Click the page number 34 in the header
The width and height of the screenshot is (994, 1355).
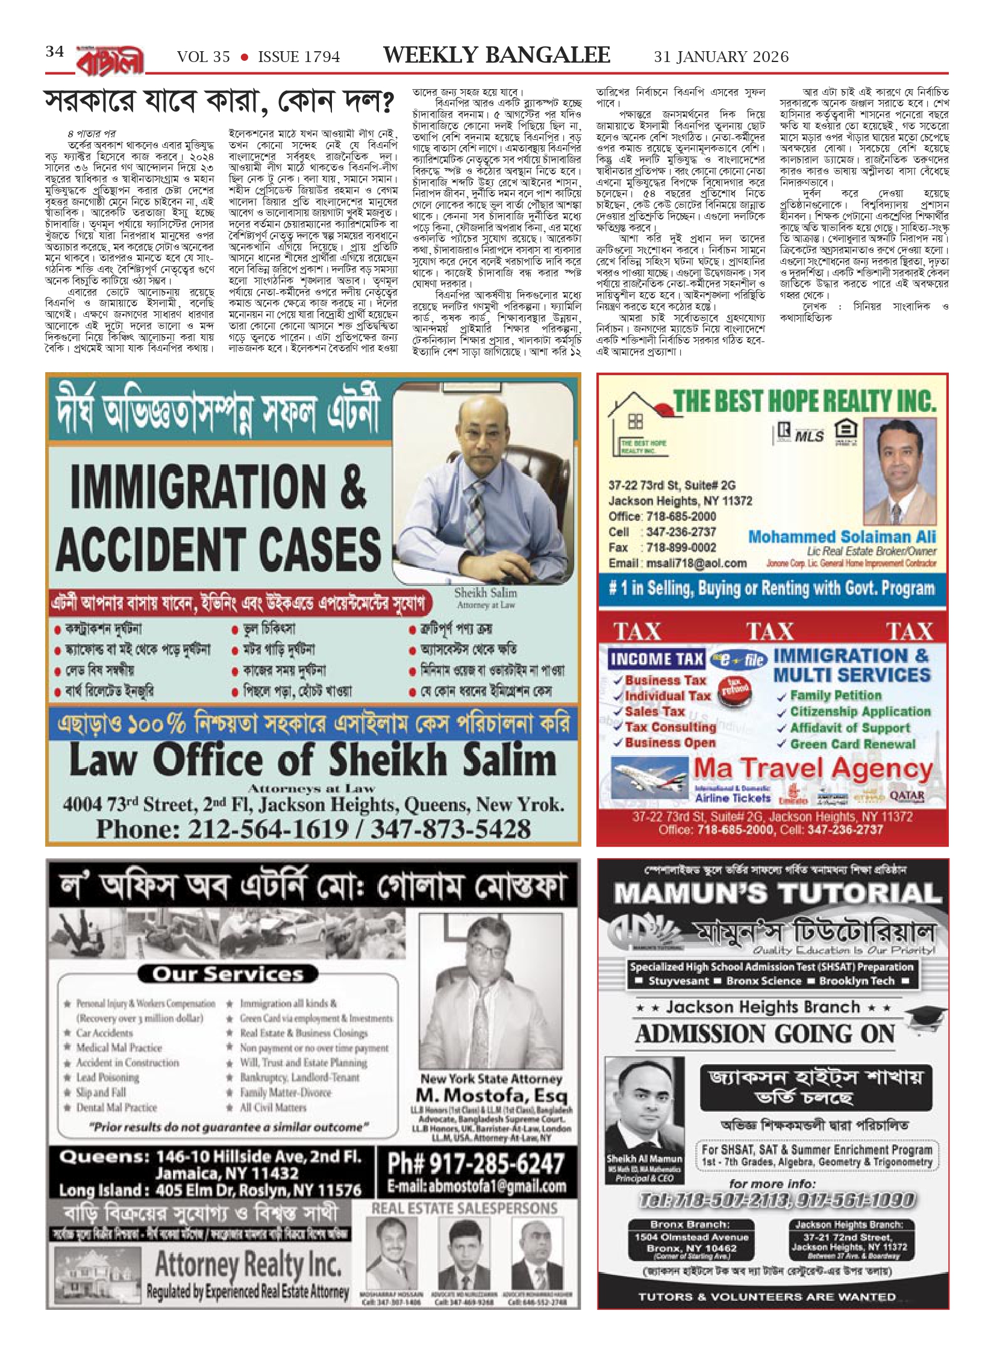coord(55,52)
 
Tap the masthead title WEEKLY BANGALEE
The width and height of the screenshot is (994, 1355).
coord(496,55)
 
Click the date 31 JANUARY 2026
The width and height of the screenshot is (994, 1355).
coord(721,57)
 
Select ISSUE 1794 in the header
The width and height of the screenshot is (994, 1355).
coord(299,57)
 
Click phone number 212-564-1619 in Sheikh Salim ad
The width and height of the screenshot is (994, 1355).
coord(267,829)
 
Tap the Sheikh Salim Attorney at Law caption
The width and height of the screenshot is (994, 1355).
coord(486,598)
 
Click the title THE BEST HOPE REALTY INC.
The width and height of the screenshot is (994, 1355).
coord(804,401)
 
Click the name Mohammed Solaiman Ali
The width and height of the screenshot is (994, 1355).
coord(842,537)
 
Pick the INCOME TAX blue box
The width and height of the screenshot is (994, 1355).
coord(656,659)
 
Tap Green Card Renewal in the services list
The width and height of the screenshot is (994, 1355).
coord(852,744)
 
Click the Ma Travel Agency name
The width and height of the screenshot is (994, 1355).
coord(813,769)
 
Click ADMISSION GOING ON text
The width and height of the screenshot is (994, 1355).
coord(765,1033)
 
